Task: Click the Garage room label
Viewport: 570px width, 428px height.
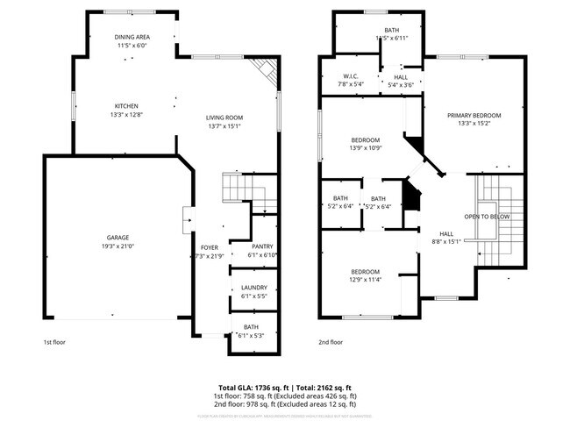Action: [x=118, y=238]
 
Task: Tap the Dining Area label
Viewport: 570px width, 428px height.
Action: [x=133, y=37]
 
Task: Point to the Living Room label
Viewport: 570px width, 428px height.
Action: [x=224, y=118]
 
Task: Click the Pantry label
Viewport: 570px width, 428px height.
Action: [x=262, y=246]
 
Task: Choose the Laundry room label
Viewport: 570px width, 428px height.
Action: [x=253, y=289]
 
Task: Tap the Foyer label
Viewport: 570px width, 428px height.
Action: [x=208, y=247]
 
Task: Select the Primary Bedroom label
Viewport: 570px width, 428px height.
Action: [x=474, y=116]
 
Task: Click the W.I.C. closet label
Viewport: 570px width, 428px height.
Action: [x=350, y=77]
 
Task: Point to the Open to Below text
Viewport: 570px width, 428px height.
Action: [x=488, y=216]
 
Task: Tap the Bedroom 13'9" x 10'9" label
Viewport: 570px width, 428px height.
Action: [x=365, y=140]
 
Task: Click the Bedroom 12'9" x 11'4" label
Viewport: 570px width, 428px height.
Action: [x=365, y=271]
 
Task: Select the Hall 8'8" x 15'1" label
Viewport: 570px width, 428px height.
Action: [x=446, y=234]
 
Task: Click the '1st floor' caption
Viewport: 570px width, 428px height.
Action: [x=54, y=342]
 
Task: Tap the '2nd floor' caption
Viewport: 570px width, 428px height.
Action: [x=331, y=342]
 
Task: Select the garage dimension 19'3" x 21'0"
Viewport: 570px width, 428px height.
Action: [x=118, y=246]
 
